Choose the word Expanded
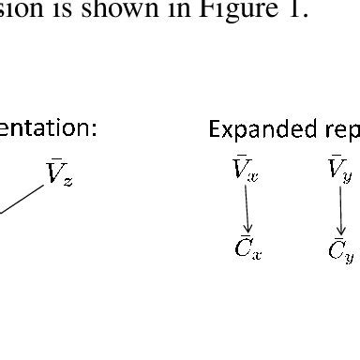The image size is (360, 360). tap(248, 131)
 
